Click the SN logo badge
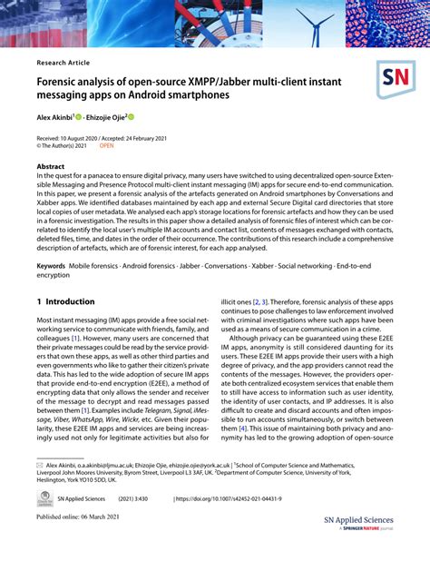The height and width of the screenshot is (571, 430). pos(396,80)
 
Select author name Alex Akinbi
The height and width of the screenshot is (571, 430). pos(57,117)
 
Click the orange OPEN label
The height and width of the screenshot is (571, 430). pos(107,144)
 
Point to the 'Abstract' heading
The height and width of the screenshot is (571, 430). pos(50,167)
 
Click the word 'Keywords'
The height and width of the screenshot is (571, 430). pos(52,265)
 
